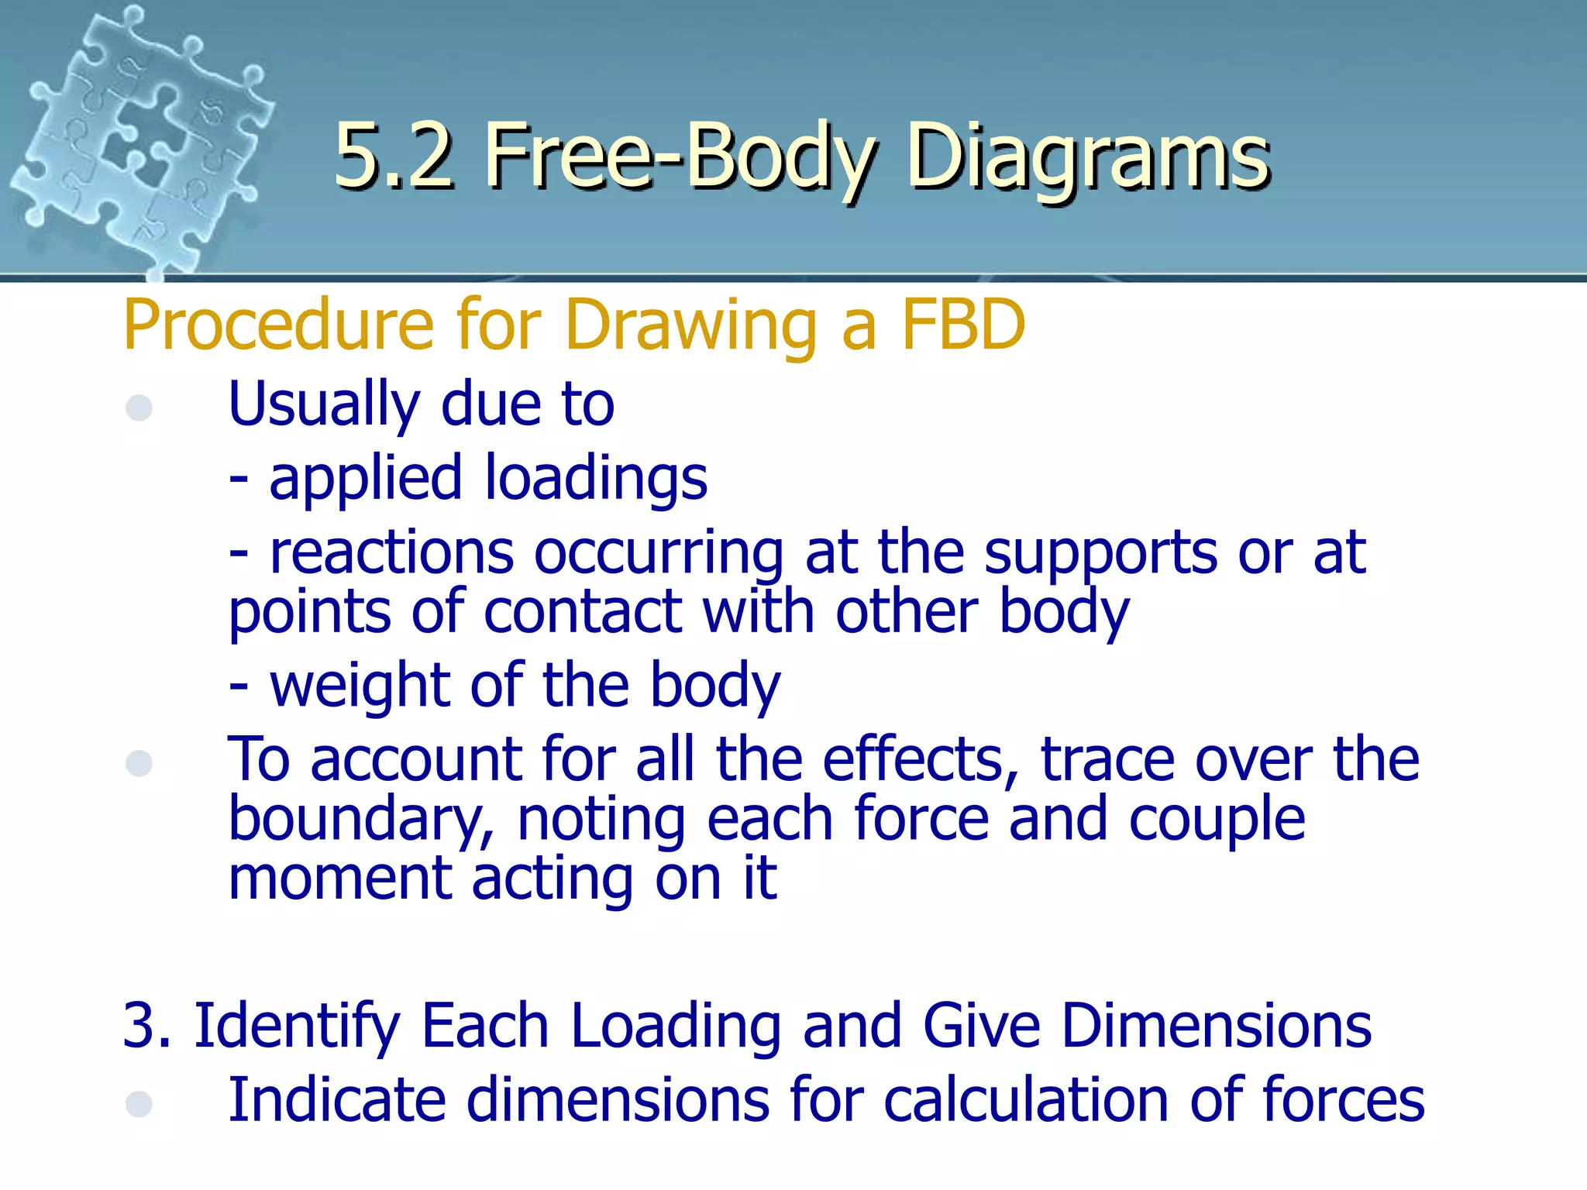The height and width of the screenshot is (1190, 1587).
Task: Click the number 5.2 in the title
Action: [x=394, y=157]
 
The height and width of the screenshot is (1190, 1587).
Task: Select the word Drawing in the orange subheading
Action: [x=690, y=325]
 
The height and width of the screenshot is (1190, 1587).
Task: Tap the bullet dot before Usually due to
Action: [x=139, y=408]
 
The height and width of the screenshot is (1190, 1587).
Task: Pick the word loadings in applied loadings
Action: [x=596, y=478]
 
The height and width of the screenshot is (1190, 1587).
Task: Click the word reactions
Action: [x=391, y=553]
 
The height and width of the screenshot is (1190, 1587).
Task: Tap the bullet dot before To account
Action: [x=139, y=763]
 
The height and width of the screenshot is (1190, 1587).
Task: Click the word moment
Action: [x=340, y=879]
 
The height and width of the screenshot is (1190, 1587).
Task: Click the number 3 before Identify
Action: [x=138, y=1026]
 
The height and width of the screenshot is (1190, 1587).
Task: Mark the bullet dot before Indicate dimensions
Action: [x=139, y=1104]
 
